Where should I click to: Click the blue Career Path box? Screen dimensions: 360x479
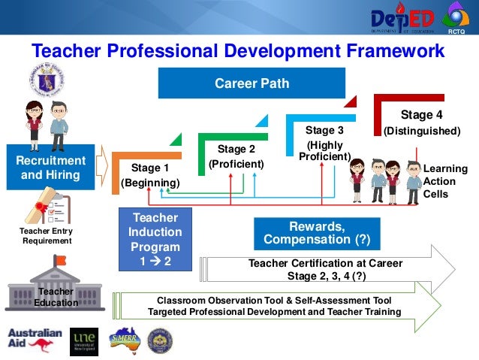pos(251,83)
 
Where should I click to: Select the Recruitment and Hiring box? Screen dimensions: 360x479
pos(51,168)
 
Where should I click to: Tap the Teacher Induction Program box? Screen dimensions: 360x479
pos(155,239)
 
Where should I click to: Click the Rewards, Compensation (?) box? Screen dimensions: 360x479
pos(316,234)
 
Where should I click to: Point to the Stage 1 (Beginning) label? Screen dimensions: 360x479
pos(150,175)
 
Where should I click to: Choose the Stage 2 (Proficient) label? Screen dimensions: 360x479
pos(236,156)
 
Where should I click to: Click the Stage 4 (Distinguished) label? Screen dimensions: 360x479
pos(421,123)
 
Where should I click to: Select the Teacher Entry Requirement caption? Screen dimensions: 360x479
pos(47,236)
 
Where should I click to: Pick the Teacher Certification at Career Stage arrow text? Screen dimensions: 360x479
pos(325,269)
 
